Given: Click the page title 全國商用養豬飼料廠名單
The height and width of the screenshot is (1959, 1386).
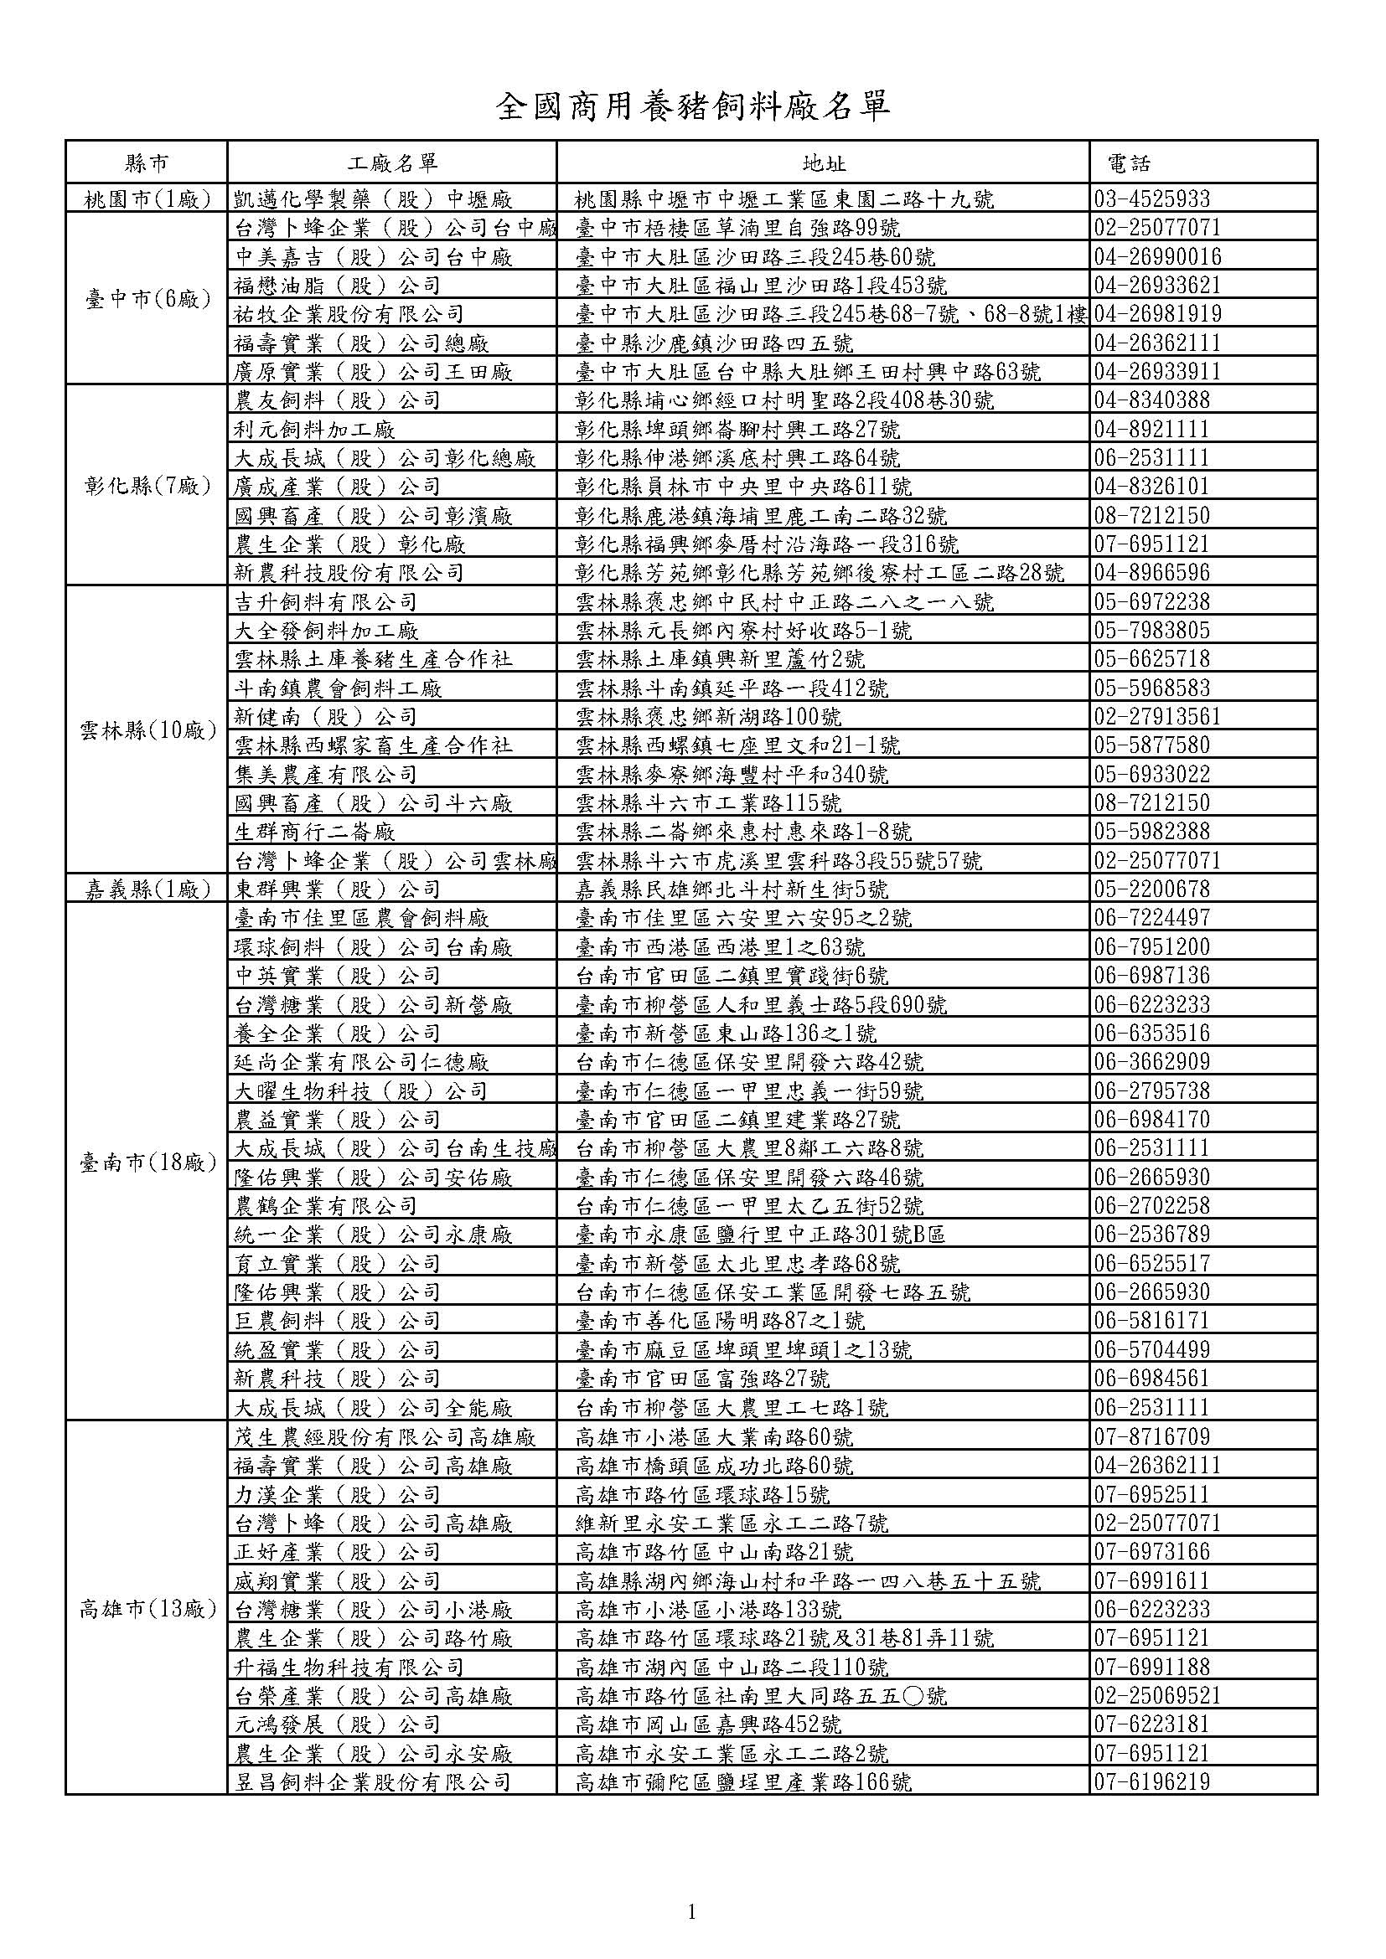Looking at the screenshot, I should pyautogui.click(x=693, y=106).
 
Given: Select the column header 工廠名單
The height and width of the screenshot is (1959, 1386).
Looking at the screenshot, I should pyautogui.click(x=391, y=163).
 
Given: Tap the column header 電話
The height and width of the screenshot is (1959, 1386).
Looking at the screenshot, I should pyautogui.click(x=1128, y=163).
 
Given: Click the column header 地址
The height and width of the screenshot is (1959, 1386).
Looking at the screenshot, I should pyautogui.click(x=824, y=163).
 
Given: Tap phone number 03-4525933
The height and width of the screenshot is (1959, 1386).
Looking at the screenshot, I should pyautogui.click(x=1152, y=199).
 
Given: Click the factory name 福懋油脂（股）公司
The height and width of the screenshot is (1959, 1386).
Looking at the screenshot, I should pyautogui.click(x=337, y=286).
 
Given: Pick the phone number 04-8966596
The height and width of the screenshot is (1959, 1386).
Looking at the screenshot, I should pyautogui.click(x=1152, y=573).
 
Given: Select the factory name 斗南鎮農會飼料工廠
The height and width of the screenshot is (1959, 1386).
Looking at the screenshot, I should pyautogui.click(x=338, y=688).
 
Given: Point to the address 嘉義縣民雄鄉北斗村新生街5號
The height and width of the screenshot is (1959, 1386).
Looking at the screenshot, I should pyautogui.click(x=732, y=890).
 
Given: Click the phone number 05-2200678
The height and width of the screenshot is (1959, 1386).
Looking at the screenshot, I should pyautogui.click(x=1152, y=890).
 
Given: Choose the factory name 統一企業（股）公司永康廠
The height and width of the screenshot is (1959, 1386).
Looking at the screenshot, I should pyautogui.click(x=373, y=1235).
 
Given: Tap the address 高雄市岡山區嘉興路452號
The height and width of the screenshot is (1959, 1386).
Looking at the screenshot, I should pyautogui.click(x=708, y=1724).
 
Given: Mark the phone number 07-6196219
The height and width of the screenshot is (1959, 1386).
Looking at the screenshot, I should pyautogui.click(x=1152, y=1781).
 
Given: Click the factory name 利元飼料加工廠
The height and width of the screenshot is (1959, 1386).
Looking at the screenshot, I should pyautogui.click(x=314, y=429).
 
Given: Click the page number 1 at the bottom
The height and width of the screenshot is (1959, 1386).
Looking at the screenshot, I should pyautogui.click(x=691, y=1889).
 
